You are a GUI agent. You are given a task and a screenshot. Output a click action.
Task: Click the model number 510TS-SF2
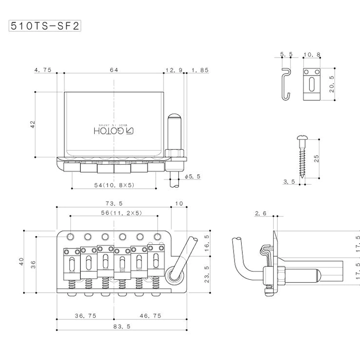45,26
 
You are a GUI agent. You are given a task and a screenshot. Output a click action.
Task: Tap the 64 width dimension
114,70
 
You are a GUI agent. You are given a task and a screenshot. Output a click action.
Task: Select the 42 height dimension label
32,124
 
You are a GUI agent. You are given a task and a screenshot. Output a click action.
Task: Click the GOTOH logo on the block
114,131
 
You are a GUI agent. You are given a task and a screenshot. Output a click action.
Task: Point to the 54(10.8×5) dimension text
114,185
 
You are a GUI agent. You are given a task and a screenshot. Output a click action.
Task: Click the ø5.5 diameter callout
193,176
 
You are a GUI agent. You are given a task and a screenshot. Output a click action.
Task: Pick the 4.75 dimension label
43,70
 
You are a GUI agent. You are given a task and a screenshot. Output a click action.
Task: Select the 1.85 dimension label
200,70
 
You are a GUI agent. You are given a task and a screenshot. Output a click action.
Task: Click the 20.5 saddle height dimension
332,84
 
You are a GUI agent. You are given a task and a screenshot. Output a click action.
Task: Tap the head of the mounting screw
302,137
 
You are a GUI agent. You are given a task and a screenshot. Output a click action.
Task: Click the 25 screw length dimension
316,158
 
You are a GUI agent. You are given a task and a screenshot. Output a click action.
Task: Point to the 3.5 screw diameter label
289,182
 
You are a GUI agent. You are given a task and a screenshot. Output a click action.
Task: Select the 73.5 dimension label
114,204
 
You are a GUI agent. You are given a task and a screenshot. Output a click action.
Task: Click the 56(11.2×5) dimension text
121,213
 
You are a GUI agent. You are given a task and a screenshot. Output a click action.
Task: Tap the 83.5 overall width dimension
122,327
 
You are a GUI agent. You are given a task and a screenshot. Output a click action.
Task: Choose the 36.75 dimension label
85,316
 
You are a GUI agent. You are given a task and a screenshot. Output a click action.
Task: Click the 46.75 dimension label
150,316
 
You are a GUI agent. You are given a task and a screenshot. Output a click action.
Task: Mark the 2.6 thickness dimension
261,213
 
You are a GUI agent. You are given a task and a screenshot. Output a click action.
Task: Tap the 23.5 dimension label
207,274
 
